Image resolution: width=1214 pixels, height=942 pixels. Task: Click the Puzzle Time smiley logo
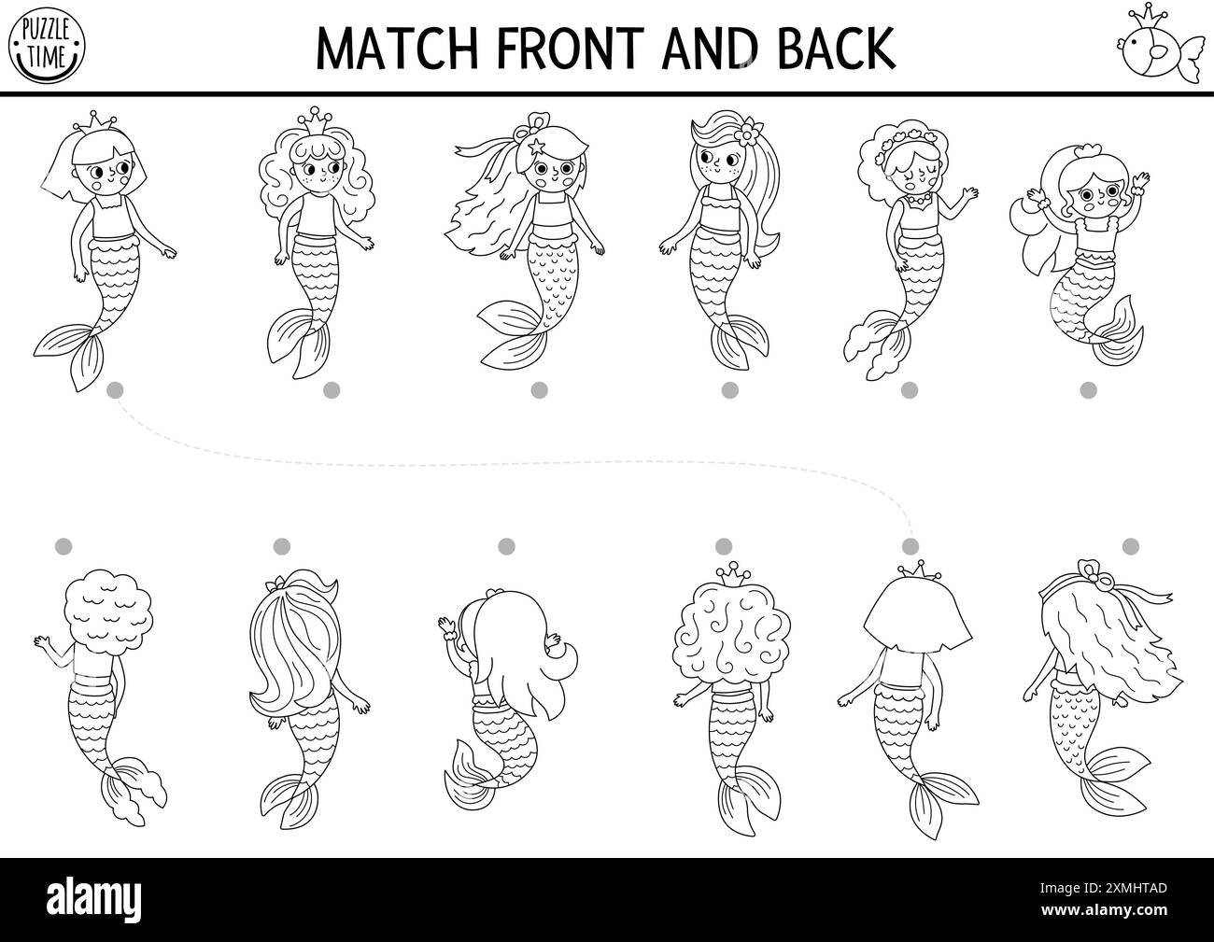pos(47,46)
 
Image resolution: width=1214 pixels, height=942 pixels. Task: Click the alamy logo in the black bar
pos(93,899)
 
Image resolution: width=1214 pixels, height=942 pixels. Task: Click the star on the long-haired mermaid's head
pos(536,147)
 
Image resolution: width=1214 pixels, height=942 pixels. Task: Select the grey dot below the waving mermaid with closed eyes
pos(910,390)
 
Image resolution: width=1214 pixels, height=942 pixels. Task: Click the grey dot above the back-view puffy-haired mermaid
pos(64,547)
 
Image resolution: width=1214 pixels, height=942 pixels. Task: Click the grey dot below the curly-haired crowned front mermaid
pos(332,390)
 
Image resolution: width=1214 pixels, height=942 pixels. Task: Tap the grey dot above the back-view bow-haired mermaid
pos(1131,547)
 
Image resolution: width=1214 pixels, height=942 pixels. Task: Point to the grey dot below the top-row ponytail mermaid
pos(730,390)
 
